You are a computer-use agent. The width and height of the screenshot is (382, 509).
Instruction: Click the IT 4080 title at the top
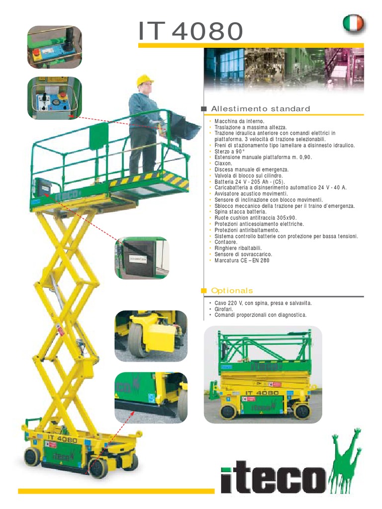pyautogui.click(x=191, y=31)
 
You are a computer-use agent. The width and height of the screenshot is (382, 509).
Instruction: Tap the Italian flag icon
pyautogui.click(x=354, y=23)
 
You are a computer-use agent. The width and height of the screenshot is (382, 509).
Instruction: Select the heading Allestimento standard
pyautogui.click(x=261, y=109)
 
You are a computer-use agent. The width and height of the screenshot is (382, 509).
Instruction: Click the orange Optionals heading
pyautogui.click(x=232, y=290)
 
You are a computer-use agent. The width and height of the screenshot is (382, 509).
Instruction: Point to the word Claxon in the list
pyautogui.click(x=223, y=164)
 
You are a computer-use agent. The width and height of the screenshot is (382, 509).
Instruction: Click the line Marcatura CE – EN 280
pyautogui.click(x=242, y=260)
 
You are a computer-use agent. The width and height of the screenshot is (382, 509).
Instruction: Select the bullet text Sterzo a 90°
pyautogui.click(x=229, y=152)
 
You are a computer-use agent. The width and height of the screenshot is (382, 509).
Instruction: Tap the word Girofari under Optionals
pyautogui.click(x=223, y=309)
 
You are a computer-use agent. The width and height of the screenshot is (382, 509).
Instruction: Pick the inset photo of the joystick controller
pyautogui.click(x=55, y=47)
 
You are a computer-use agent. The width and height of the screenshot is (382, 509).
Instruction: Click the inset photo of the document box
pyautogui.click(x=142, y=258)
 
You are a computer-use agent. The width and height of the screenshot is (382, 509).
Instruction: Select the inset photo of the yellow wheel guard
pyautogui.click(x=151, y=336)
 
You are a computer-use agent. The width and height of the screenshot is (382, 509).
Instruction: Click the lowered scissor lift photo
pyautogui.click(x=263, y=375)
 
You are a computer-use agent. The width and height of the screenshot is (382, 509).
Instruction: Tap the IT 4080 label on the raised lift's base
pyautogui.click(x=62, y=438)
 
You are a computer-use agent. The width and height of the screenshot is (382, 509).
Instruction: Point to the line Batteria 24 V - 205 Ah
pyautogui.click(x=250, y=182)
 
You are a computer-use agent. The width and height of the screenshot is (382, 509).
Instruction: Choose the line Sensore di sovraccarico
pyautogui.click(x=243, y=254)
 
